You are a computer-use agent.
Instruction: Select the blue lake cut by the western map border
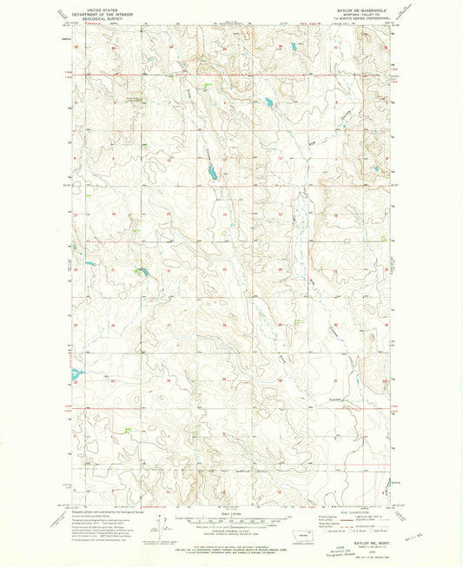pyautogui.click(x=76, y=379)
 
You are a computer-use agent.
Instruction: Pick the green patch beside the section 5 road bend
pyautogui.click(x=208, y=86)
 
